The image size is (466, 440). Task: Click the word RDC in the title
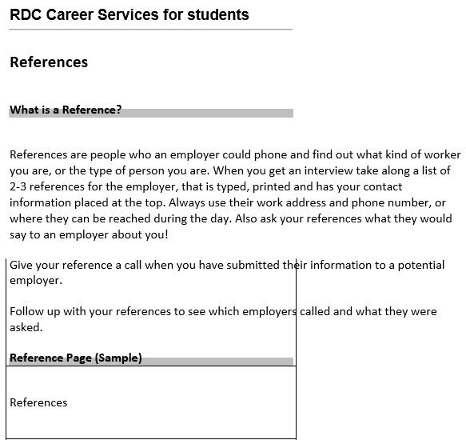(26, 15)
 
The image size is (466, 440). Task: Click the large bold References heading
(49, 62)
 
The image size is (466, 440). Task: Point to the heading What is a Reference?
(66, 110)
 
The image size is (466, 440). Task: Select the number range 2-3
(19, 186)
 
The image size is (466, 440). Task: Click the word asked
(26, 327)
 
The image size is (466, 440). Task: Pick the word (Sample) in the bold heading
(118, 358)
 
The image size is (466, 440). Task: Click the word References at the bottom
(38, 402)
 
